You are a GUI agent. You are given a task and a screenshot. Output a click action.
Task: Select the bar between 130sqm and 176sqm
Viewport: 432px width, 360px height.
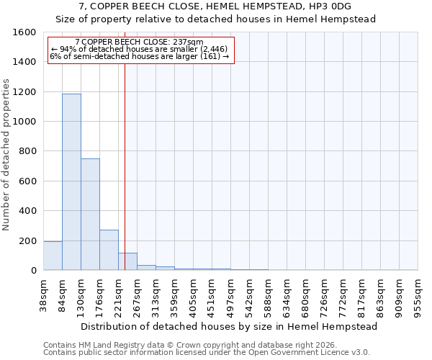[90, 215]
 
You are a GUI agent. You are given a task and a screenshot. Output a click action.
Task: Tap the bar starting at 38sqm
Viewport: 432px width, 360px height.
[53, 256]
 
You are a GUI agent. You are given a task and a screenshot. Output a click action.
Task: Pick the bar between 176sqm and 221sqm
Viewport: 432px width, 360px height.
[109, 250]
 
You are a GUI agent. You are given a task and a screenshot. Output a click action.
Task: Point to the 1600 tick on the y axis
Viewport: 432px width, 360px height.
[26, 32]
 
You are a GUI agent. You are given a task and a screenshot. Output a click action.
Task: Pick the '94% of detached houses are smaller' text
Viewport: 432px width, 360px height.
[138, 50]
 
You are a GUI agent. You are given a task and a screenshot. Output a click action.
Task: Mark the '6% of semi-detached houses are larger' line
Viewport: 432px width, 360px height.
[139, 56]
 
